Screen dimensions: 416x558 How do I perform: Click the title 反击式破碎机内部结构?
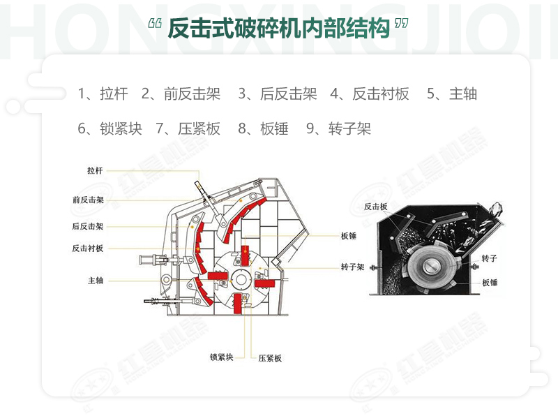278,29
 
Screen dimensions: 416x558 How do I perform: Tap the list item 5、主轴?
451,94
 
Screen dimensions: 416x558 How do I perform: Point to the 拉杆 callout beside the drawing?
95,170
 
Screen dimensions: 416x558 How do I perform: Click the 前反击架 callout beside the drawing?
88,199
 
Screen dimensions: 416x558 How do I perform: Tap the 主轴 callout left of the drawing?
96,280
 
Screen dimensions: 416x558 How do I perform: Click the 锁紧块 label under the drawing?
221,357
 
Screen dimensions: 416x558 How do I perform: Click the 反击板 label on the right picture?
375,206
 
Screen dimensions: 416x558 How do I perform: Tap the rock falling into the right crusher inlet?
497,209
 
